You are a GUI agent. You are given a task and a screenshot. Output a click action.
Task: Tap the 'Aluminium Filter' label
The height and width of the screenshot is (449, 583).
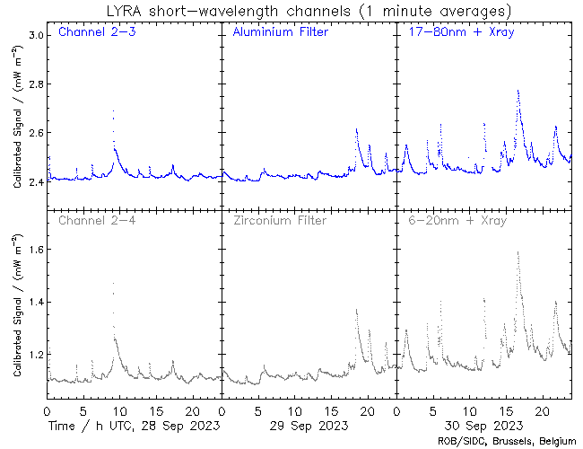tap(280, 33)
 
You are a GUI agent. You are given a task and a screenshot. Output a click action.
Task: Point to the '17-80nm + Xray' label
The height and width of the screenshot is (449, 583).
tap(455, 33)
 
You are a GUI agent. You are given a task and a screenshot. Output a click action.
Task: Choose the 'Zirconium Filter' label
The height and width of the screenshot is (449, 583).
tap(278, 221)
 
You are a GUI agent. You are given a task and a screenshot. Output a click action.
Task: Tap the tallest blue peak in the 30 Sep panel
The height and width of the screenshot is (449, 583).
tap(518, 91)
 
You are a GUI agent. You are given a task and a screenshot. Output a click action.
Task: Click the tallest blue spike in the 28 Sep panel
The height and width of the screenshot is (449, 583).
tap(113, 111)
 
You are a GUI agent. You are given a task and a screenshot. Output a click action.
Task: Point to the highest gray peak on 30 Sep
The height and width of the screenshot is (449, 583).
tap(518, 253)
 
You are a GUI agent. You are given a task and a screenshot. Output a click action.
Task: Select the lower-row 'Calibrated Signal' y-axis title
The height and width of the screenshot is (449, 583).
tap(18, 307)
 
